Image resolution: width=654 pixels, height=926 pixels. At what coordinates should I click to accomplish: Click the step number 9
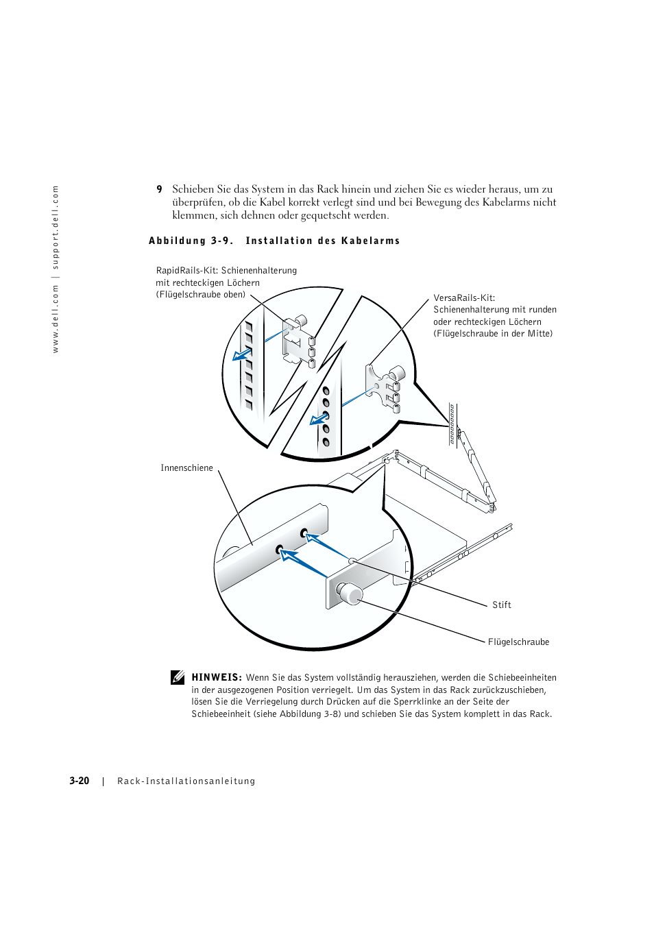pos(159,189)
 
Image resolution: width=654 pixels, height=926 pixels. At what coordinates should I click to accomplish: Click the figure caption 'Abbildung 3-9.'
pos(191,241)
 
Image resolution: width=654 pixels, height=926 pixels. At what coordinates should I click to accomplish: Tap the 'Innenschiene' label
pos(186,468)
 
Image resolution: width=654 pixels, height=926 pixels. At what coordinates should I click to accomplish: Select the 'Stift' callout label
pos(501,605)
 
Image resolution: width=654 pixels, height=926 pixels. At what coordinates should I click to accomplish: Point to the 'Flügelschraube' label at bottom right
pos(518,642)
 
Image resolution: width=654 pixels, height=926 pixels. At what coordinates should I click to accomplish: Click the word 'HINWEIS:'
pos(217,677)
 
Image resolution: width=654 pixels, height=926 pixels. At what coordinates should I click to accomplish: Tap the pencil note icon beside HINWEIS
pos(178,677)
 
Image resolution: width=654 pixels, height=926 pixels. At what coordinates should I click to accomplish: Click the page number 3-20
pos(79,781)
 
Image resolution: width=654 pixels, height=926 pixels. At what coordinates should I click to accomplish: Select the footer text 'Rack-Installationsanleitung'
pos(186,781)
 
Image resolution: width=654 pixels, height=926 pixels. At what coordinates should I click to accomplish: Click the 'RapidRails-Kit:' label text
pos(187,271)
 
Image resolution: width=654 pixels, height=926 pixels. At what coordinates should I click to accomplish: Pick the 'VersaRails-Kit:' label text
pos(464,298)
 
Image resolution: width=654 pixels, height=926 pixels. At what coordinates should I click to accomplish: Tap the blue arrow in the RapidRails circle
pos(241,354)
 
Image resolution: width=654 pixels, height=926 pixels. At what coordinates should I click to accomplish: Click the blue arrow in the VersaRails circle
pos(319,419)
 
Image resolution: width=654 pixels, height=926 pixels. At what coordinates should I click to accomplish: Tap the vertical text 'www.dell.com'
pos(56,319)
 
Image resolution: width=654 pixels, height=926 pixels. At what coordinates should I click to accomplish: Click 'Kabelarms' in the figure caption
pos(370,241)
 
